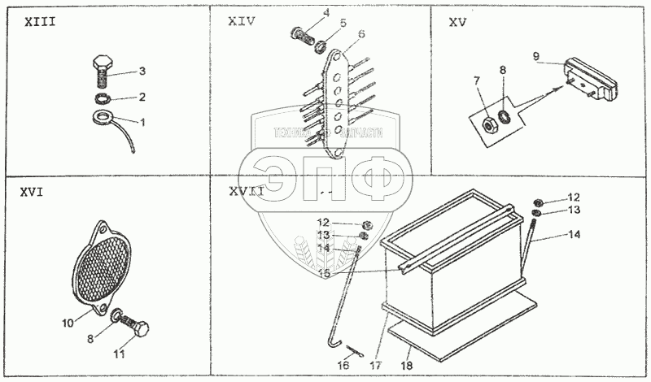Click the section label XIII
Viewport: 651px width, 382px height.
39,22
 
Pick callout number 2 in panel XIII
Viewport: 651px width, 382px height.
142,97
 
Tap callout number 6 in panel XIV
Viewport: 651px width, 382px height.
361,33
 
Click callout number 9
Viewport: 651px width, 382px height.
536,56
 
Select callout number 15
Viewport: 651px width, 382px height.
324,275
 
